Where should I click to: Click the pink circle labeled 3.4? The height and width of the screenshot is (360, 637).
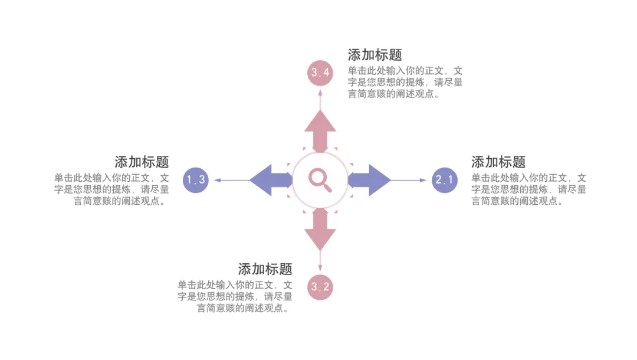(320, 73)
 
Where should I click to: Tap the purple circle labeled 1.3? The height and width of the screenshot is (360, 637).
(196, 180)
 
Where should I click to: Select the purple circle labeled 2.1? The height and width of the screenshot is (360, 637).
(444, 180)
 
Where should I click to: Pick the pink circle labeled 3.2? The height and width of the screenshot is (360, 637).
(320, 287)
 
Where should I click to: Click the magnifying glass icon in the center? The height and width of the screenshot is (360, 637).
(320, 179)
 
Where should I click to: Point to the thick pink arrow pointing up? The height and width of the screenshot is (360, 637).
(320, 130)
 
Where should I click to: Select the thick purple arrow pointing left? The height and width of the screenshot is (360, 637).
(270, 180)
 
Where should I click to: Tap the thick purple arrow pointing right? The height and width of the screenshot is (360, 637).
(370, 180)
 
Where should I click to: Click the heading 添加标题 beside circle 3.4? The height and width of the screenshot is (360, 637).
(375, 55)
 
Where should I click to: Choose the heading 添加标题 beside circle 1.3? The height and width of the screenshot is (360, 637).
(142, 162)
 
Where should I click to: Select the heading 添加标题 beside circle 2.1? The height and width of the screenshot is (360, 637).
(498, 162)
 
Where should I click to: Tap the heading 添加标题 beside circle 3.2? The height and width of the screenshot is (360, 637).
(265, 270)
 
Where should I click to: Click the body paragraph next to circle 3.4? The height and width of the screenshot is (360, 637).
(405, 83)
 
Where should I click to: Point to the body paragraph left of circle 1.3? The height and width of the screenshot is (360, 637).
(111, 189)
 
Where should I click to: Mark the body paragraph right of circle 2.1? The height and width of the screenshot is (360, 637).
(528, 189)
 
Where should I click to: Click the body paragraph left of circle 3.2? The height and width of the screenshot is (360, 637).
(235, 296)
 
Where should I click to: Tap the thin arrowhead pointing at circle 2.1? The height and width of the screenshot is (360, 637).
(423, 180)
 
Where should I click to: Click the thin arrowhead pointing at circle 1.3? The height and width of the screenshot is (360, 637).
(216, 180)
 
